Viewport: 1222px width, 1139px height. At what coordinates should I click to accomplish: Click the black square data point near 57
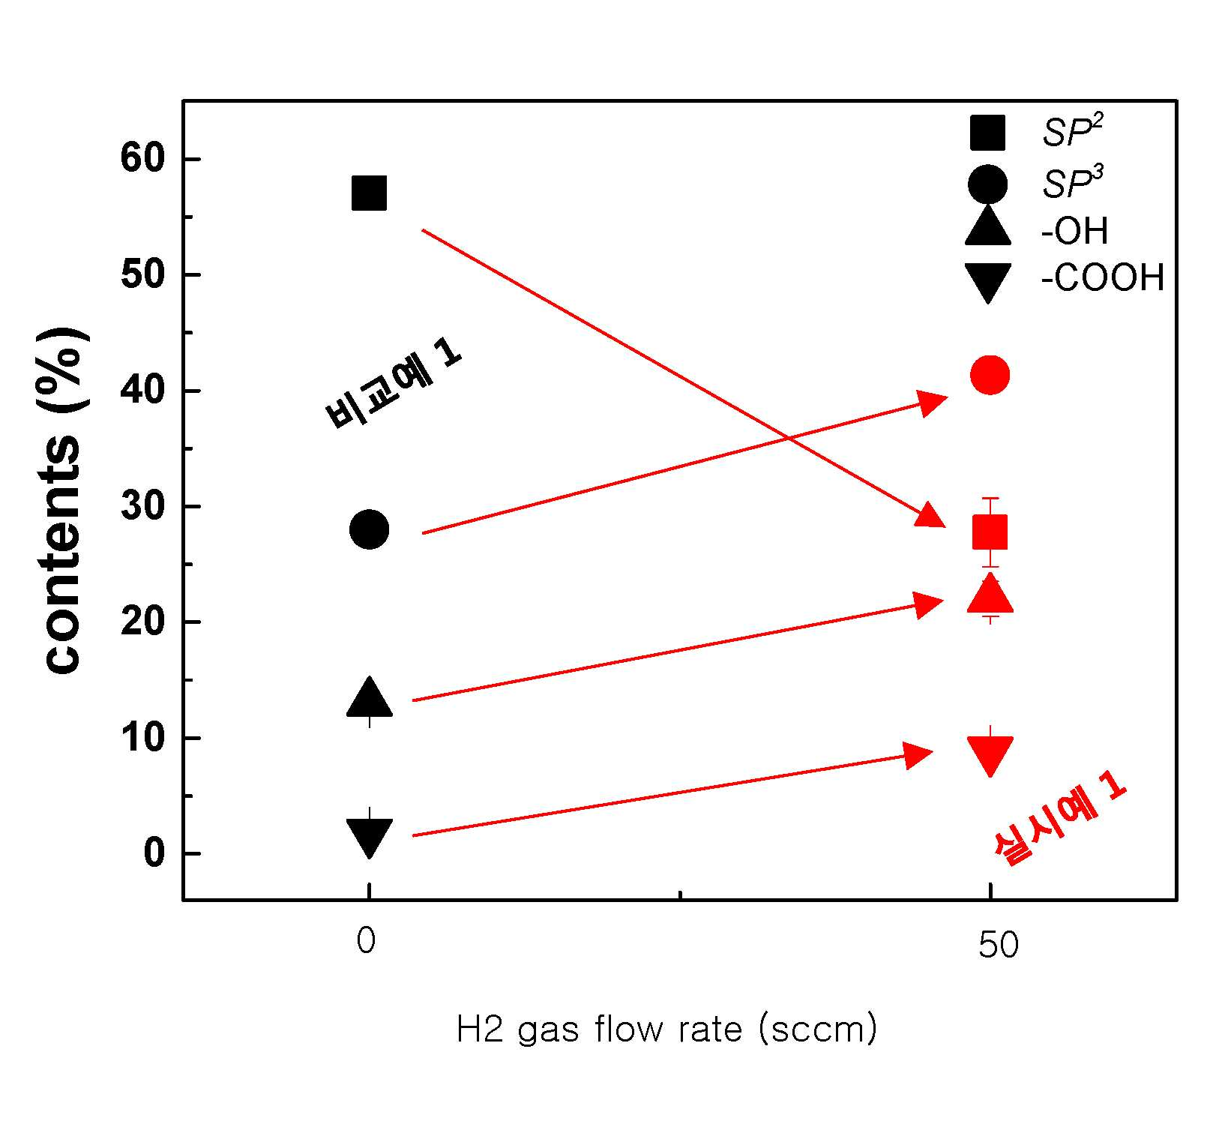(x=369, y=193)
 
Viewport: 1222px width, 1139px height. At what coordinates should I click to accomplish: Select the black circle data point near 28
(x=369, y=529)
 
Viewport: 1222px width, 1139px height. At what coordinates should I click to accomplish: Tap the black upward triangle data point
(x=369, y=698)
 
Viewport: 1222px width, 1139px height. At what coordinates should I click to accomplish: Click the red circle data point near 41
(x=990, y=374)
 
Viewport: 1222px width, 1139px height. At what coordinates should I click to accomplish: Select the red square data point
(x=990, y=532)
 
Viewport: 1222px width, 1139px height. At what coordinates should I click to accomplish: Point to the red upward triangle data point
(x=990, y=595)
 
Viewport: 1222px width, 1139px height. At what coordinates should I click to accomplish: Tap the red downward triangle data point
(x=990, y=756)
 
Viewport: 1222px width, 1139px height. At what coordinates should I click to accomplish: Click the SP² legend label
(x=1072, y=131)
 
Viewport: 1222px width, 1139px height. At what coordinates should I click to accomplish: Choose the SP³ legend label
(x=1072, y=182)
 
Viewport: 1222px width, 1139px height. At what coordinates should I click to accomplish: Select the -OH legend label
(x=1074, y=231)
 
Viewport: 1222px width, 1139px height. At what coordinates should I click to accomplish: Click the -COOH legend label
(x=1103, y=278)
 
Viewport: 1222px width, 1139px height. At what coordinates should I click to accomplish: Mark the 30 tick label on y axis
(x=142, y=506)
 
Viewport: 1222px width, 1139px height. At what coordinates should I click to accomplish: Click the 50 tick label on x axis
(x=998, y=946)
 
